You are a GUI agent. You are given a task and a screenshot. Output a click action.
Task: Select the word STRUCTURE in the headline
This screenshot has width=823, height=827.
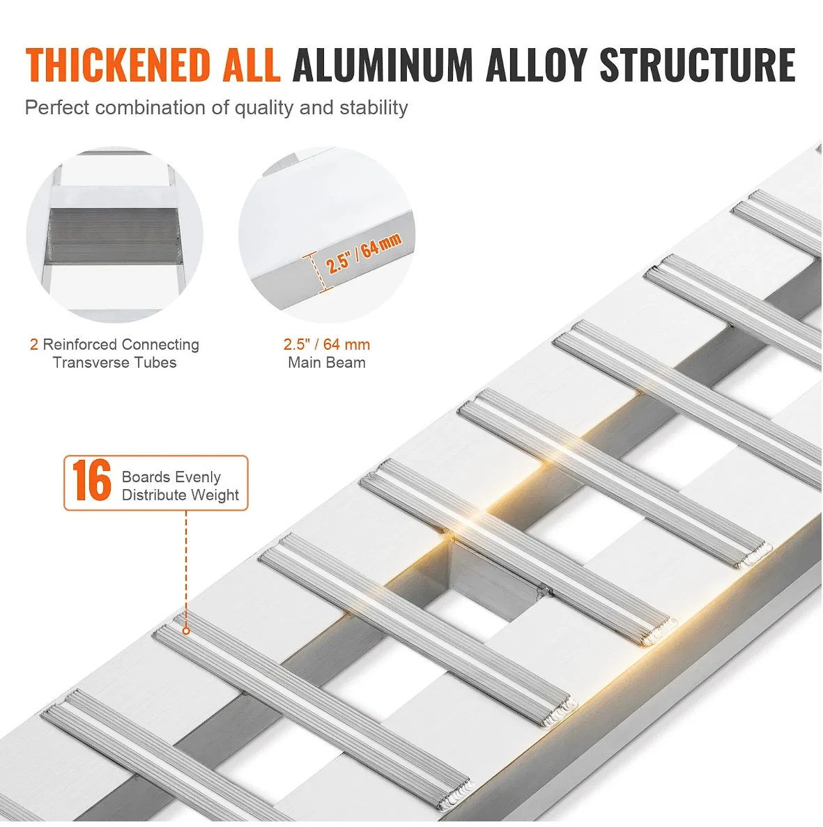coord(697,65)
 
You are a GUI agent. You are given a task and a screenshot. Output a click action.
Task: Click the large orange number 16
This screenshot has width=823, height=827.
coord(92,481)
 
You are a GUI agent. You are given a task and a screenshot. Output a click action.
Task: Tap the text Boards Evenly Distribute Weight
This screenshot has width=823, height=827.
coord(180,486)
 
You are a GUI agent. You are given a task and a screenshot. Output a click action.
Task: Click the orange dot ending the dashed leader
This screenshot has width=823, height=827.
coord(186,631)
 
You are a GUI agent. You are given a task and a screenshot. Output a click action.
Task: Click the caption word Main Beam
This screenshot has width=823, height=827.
coord(326,362)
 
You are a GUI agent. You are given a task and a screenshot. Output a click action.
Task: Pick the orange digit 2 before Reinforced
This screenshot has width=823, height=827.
coord(34,345)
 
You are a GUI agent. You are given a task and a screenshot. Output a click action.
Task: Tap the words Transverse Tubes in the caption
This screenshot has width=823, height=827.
coord(115,362)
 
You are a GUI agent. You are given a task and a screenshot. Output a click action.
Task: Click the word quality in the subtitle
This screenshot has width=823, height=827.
coord(263,108)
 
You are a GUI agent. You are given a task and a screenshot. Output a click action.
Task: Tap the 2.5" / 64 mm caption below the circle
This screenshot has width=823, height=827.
coord(326,345)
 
